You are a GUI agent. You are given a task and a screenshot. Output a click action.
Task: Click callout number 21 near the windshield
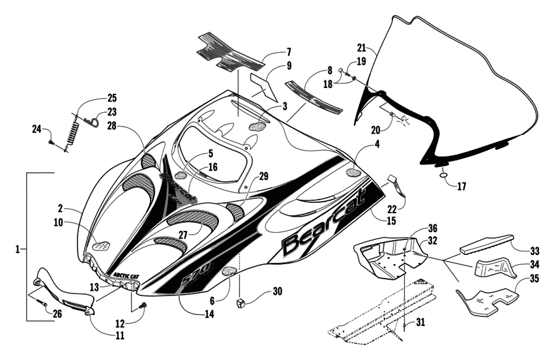click(x=362, y=47)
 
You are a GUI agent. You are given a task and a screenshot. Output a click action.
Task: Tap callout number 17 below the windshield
click(x=461, y=187)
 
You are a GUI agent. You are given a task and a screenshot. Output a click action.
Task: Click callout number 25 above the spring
click(x=112, y=98)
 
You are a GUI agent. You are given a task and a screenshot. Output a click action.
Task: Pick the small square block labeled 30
click(x=239, y=303)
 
